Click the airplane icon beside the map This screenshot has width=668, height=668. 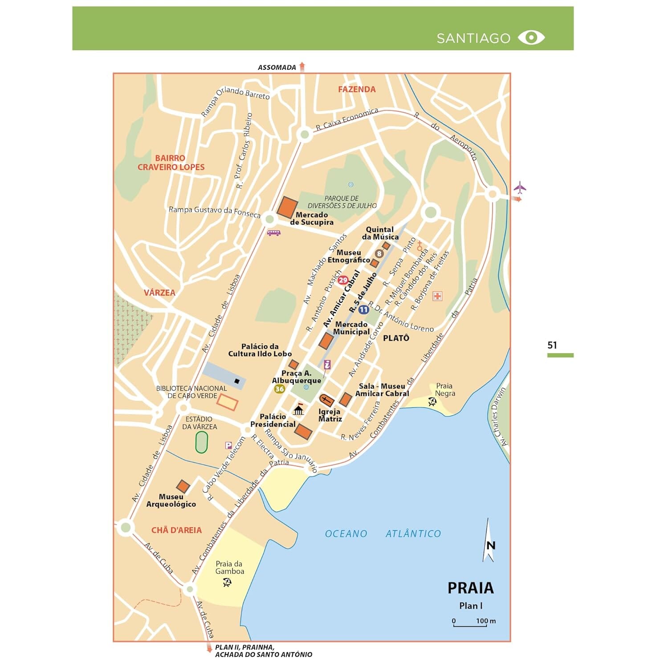519,187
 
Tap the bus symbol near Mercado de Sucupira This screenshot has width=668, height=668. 273,232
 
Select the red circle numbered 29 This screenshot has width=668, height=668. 342,280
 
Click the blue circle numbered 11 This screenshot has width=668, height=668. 363,310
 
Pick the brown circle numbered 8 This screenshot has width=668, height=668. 379,254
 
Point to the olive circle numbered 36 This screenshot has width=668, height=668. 279,389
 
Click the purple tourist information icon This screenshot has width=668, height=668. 327,364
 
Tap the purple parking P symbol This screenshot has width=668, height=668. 228,445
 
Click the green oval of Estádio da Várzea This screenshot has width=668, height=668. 202,442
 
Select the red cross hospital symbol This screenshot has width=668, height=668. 437,296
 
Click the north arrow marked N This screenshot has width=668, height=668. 489,541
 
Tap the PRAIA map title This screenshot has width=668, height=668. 470,588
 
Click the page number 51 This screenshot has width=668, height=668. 552,345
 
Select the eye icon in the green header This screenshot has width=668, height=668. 531,37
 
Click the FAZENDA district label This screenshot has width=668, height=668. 357,90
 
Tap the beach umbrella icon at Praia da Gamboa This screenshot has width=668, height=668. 227,582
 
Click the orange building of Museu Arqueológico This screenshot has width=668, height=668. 183,486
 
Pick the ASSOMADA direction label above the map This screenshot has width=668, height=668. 277,68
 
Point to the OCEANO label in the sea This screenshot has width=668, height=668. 346,534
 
